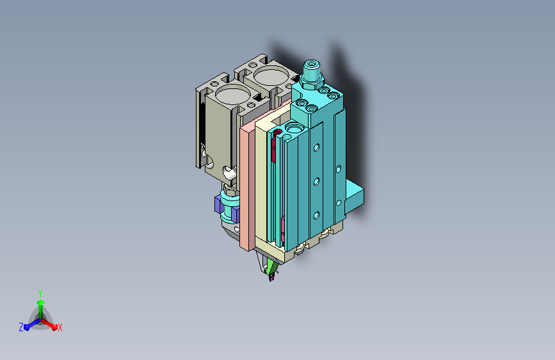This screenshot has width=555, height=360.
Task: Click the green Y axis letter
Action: [40, 292]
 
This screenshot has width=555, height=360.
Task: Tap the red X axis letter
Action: [60, 328]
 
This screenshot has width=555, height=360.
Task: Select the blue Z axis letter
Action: [21, 327]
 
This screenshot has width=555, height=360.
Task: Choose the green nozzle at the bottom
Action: [271, 266]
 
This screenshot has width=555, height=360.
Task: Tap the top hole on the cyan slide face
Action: [315, 148]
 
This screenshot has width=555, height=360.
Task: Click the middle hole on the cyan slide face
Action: [315, 181]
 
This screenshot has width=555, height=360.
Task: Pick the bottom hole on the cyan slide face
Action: [315, 215]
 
